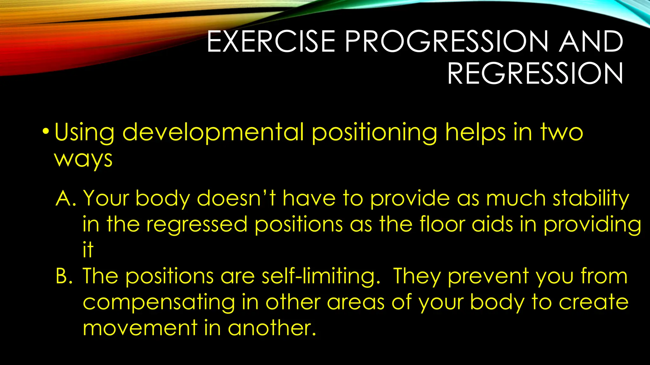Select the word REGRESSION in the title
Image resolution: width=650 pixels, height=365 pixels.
(535, 74)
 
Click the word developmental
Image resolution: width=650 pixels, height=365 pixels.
(213, 132)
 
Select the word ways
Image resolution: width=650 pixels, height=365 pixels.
(83, 159)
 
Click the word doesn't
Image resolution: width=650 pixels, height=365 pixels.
(236, 199)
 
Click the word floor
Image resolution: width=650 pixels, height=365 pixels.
(442, 224)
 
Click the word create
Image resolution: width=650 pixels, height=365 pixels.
(593, 302)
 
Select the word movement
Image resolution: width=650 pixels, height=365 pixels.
(140, 328)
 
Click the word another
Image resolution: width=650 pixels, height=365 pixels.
(272, 328)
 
